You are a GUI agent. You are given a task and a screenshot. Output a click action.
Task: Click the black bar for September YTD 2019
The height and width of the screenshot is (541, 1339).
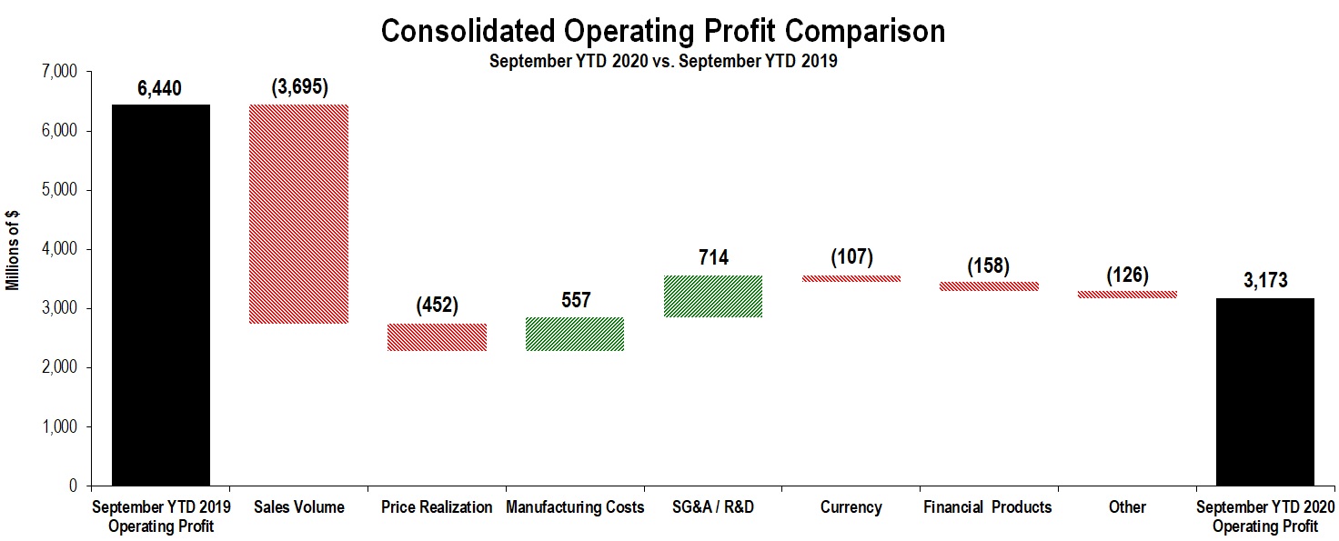(x=161, y=295)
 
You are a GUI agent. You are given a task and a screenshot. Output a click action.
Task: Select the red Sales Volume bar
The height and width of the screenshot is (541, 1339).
(x=299, y=214)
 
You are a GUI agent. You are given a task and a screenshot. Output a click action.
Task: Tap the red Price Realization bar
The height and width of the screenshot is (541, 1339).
(x=437, y=336)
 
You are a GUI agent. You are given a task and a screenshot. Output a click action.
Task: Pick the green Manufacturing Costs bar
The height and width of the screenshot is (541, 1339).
(x=575, y=334)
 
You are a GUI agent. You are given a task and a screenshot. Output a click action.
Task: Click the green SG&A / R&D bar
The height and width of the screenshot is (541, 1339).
(x=713, y=296)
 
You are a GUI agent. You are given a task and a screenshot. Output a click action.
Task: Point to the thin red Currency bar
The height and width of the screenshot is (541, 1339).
(x=851, y=278)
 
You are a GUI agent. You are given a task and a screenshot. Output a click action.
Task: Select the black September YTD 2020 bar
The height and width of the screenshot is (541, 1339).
(x=1264, y=391)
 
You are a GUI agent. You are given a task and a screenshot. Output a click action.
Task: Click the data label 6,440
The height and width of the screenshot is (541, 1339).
(x=159, y=88)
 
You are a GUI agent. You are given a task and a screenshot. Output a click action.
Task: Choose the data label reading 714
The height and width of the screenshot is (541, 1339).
(x=713, y=258)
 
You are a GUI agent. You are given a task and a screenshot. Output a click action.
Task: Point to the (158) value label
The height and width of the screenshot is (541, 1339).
(x=990, y=265)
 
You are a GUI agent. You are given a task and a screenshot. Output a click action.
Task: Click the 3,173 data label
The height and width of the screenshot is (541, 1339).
(x=1264, y=280)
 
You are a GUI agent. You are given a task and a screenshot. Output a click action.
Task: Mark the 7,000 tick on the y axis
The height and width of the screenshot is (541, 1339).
(x=60, y=72)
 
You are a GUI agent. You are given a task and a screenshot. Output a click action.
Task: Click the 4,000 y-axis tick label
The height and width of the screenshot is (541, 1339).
(x=60, y=249)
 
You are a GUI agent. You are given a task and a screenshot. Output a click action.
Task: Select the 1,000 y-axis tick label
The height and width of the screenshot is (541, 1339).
(x=60, y=427)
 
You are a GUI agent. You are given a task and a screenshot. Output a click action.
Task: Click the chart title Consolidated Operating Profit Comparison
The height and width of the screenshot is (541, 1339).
(x=662, y=31)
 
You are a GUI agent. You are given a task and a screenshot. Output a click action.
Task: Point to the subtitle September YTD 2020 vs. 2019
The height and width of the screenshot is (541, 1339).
(x=662, y=63)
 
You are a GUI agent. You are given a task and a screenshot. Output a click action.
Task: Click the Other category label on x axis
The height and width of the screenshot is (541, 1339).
(x=1127, y=507)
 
